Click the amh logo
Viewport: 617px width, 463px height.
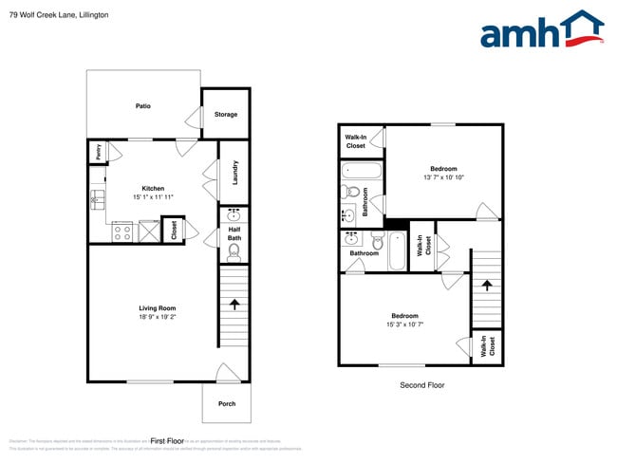pyautogui.click(x=541, y=30)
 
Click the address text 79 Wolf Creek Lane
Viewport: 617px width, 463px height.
pyautogui.click(x=53, y=14)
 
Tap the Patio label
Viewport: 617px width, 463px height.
pyautogui.click(x=142, y=106)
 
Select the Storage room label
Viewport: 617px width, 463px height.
pyautogui.click(x=225, y=114)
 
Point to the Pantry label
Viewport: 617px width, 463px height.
pyautogui.click(x=97, y=152)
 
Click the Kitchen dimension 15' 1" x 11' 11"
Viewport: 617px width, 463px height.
pyautogui.click(x=153, y=196)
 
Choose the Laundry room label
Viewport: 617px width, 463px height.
pyautogui.click(x=234, y=173)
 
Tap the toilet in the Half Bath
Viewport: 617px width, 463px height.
pyautogui.click(x=234, y=251)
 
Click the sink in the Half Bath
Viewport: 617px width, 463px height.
pyautogui.click(x=234, y=215)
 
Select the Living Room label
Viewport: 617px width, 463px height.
pyautogui.click(x=157, y=308)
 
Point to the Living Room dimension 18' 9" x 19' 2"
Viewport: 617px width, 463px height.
pyautogui.click(x=157, y=317)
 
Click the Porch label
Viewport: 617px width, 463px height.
pyautogui.click(x=227, y=403)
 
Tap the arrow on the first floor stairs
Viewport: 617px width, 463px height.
pyautogui.click(x=234, y=305)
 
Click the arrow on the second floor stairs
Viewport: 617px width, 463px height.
pyautogui.click(x=487, y=284)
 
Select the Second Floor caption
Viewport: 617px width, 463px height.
pyautogui.click(x=421, y=385)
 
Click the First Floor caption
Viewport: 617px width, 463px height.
pyautogui.click(x=166, y=441)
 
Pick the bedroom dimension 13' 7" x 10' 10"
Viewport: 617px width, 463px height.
pyautogui.click(x=443, y=177)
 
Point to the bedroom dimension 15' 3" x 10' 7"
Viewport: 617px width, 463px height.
pyautogui.click(x=404, y=324)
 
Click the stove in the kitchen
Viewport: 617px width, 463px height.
pyautogui.click(x=122, y=231)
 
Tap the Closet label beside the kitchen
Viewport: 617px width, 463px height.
pyautogui.click(x=174, y=230)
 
